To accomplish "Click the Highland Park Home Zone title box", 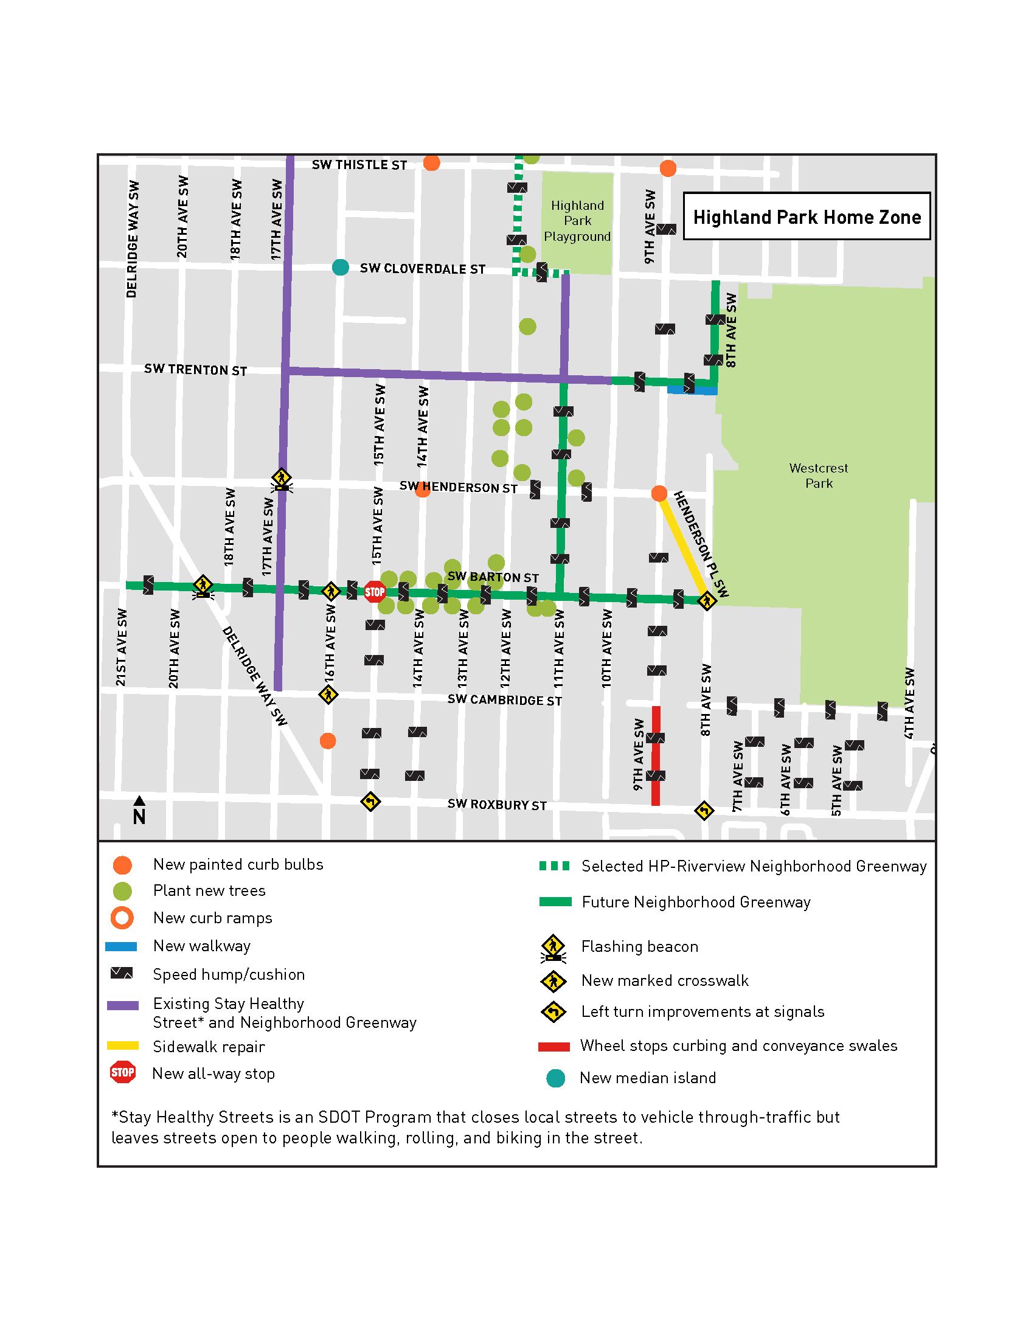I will pos(806,217).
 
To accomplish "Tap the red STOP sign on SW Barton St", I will pos(374,592).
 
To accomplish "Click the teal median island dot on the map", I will pos(341,267).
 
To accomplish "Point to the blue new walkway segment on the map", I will pos(692,390).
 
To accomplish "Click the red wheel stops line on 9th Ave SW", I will pos(656,756).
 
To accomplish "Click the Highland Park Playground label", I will pos(577,221).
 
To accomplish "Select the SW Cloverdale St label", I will pos(422,269).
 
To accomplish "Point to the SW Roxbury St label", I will pos(497,805).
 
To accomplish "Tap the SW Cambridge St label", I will pos(504,699).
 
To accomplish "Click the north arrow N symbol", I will pos(139,811).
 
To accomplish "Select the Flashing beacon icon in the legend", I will pos(553,948).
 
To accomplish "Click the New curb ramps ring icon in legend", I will pos(122,918).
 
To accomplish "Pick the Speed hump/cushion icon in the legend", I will pos(121,974).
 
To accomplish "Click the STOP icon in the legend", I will pos(122,1073).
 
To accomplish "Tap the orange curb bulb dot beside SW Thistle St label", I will pos(431,163).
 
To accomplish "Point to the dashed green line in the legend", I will pos(553,865).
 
